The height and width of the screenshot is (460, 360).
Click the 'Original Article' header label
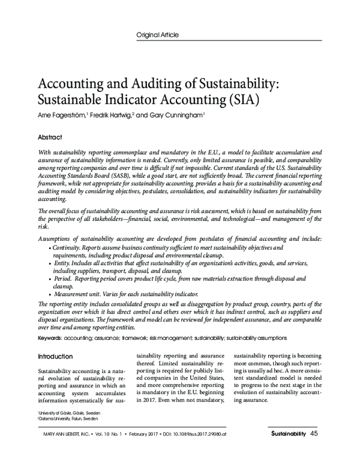point(158,35)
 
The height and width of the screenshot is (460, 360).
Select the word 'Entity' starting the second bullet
point(62,263)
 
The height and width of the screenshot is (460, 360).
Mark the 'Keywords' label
point(50,338)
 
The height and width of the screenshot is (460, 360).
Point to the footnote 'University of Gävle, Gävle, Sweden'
point(69,414)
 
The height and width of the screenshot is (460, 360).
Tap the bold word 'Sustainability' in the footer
point(288,434)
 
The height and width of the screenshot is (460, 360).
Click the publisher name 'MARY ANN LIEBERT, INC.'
point(62,434)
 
